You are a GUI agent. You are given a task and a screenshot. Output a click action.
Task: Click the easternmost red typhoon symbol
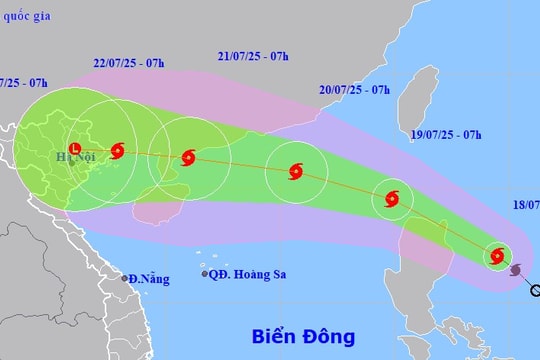[498, 257]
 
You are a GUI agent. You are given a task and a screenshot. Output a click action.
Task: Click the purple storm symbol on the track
[516, 270]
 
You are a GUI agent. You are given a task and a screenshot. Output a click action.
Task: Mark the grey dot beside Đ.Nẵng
[125, 278]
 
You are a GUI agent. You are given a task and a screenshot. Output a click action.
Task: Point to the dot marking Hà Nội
[71, 163]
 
